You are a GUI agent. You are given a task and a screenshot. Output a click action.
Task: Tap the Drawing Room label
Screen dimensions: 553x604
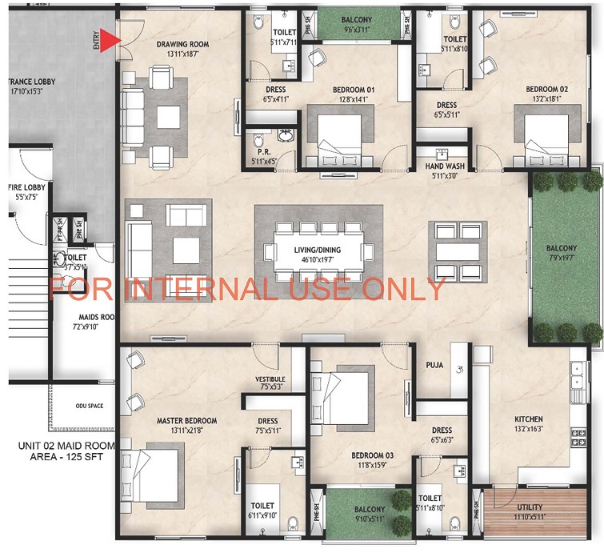182,45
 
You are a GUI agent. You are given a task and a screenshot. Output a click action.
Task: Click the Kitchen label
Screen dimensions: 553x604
529,419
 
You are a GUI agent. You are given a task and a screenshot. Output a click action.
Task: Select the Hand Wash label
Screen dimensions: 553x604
441,166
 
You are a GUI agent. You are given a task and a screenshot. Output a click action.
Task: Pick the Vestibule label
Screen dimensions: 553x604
270,379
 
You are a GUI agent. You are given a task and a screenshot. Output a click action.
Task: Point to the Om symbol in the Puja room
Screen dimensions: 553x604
459,370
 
